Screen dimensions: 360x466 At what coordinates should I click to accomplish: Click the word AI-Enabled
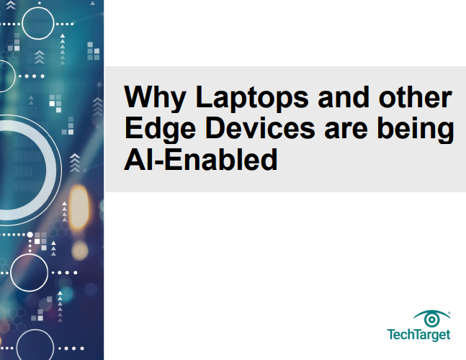(201, 159)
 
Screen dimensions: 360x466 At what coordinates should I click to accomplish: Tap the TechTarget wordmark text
(418, 335)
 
